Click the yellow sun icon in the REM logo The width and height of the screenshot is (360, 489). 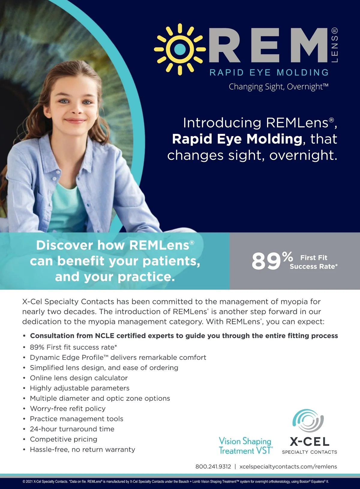tap(180, 49)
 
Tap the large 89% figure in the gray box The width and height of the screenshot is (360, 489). tap(272, 261)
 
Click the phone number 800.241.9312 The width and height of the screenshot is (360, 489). tap(213, 467)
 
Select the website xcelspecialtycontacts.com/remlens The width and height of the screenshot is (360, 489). tap(288, 467)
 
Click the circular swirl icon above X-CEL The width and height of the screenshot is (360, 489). tap(308, 420)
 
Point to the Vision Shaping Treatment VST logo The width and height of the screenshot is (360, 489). tap(246, 446)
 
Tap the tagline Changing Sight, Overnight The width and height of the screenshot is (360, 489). tap(278, 87)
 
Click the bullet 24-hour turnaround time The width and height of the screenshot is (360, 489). tap(72, 429)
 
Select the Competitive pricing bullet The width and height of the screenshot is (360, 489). tap(64, 439)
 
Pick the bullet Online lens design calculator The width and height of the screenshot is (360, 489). tap(79, 378)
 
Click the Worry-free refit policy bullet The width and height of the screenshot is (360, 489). tap(68, 408)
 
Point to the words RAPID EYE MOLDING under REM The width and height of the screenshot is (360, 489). tap(269, 73)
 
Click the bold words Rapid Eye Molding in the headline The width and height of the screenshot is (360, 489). tap(237, 139)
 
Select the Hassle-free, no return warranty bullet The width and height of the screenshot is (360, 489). tap(82, 449)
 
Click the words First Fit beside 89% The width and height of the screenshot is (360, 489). tap(314, 258)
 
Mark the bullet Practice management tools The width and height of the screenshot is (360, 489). tap(77, 419)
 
